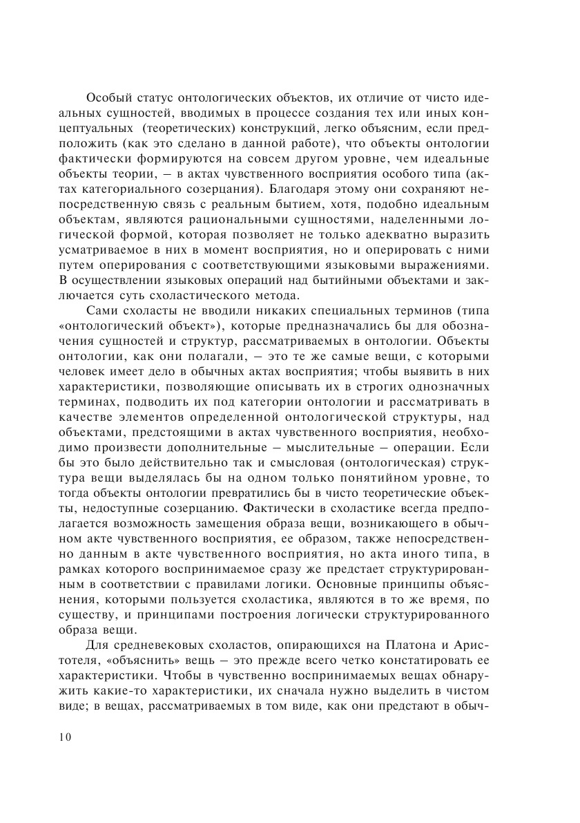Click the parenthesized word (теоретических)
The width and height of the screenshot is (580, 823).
(x=186, y=133)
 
